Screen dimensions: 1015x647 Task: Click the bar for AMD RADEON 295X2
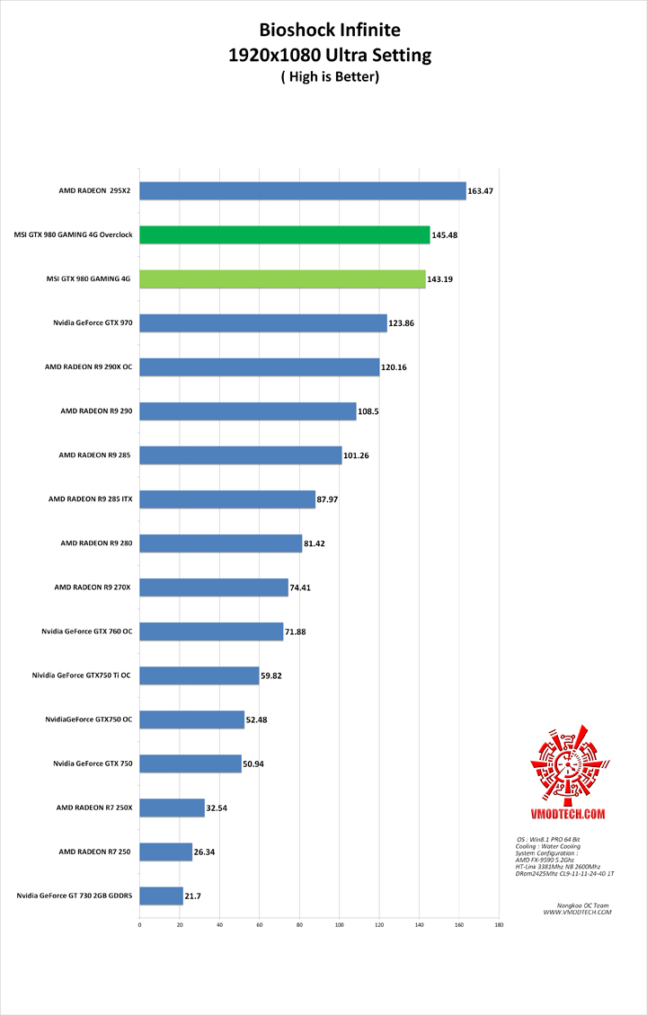tap(303, 190)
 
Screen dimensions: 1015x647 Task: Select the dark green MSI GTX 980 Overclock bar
tap(285, 234)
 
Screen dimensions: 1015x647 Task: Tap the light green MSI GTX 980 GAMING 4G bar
tap(282, 278)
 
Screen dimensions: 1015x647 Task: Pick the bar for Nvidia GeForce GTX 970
tap(263, 322)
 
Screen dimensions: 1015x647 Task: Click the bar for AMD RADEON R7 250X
tap(172, 808)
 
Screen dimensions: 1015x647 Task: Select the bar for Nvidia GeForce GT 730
tap(161, 896)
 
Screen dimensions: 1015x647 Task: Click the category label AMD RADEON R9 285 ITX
tap(90, 499)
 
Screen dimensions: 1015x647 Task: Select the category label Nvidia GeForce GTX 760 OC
tap(86, 631)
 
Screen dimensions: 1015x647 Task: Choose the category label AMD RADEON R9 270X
tap(93, 587)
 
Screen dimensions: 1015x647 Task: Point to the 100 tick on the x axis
tap(339, 923)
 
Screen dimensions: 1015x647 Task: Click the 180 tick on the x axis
tap(499, 923)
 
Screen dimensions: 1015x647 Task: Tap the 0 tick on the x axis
tap(139, 923)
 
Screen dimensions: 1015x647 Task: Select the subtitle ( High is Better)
tap(330, 77)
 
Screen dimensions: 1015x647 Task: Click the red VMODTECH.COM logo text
tap(568, 814)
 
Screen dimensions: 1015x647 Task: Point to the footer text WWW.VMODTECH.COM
tap(578, 912)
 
